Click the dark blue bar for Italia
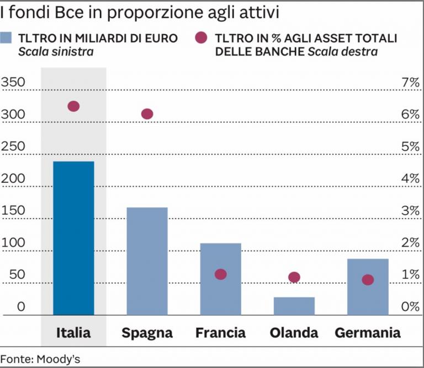pyautogui.click(x=73, y=238)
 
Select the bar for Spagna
pyautogui.click(x=147, y=261)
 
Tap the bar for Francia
pyautogui.click(x=220, y=279)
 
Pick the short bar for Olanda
pyautogui.click(x=294, y=306)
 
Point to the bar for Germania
pyautogui.click(x=368, y=287)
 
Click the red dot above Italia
pyautogui.click(x=73, y=106)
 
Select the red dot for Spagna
pyautogui.click(x=147, y=114)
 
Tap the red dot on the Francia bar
pyautogui.click(x=221, y=274)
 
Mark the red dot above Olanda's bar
pyautogui.click(x=294, y=277)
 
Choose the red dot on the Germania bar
pyautogui.click(x=368, y=280)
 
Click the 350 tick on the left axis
pyautogui.click(x=13, y=83)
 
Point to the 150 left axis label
pyautogui.click(x=13, y=211)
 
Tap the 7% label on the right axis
pyautogui.click(x=411, y=83)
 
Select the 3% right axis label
pyautogui.click(x=411, y=211)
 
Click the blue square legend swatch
pyautogui.click(x=7, y=38)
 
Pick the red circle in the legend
pyautogui.click(x=202, y=38)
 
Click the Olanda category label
pyautogui.click(x=294, y=333)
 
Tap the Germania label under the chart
pyautogui.click(x=368, y=333)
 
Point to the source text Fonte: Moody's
pyautogui.click(x=40, y=359)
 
